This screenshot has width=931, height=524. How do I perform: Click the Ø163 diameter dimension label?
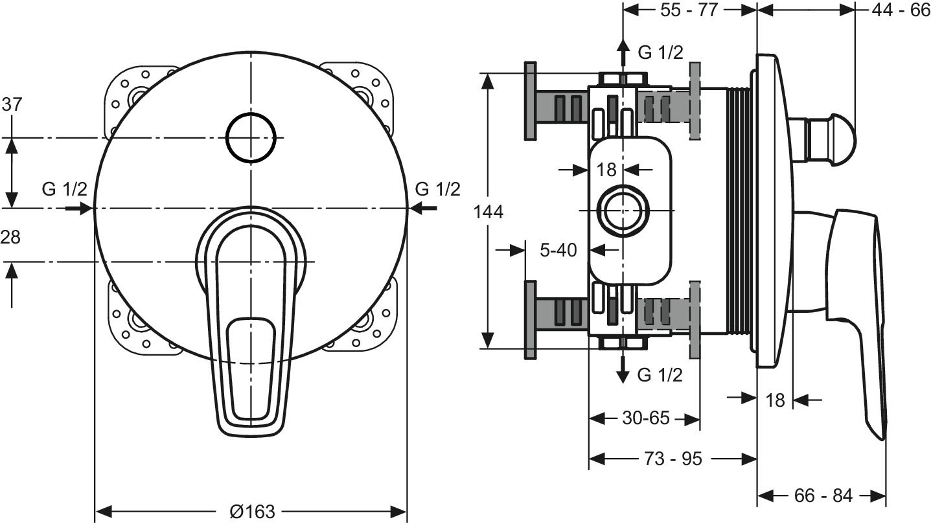(252, 511)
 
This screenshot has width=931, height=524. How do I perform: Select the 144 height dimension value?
(488, 212)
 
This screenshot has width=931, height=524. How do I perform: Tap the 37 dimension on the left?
(12, 104)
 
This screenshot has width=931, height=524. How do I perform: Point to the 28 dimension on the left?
(10, 238)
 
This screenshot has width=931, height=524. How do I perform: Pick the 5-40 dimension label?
(558, 250)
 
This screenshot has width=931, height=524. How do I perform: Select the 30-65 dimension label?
(646, 418)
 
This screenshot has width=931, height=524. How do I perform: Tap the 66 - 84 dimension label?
(823, 496)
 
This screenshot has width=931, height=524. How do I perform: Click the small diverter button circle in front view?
(251, 137)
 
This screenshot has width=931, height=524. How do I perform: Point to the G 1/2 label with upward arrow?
(660, 53)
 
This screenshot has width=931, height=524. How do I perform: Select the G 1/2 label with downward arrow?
(660, 374)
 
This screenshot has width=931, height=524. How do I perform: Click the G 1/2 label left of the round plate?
(64, 189)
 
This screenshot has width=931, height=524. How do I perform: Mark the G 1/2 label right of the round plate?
(437, 189)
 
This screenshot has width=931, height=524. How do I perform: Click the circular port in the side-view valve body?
(623, 212)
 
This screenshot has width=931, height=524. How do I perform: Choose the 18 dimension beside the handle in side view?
(775, 400)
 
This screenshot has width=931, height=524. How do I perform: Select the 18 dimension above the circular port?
(606, 170)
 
